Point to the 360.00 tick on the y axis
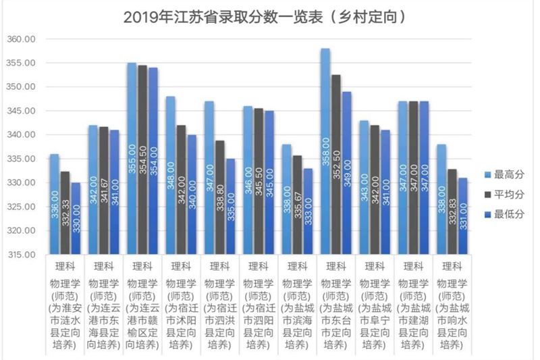tap(21, 39)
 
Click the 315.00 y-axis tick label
tap(21, 255)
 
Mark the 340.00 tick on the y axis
tap(21, 135)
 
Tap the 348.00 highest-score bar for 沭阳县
tap(171, 176)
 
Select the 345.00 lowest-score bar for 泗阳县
tap(269, 182)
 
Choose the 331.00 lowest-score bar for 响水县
tap(463, 216)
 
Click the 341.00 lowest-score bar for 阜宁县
tap(385, 192)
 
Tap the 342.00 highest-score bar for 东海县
tap(93, 190)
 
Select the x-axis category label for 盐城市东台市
tap(335, 314)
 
